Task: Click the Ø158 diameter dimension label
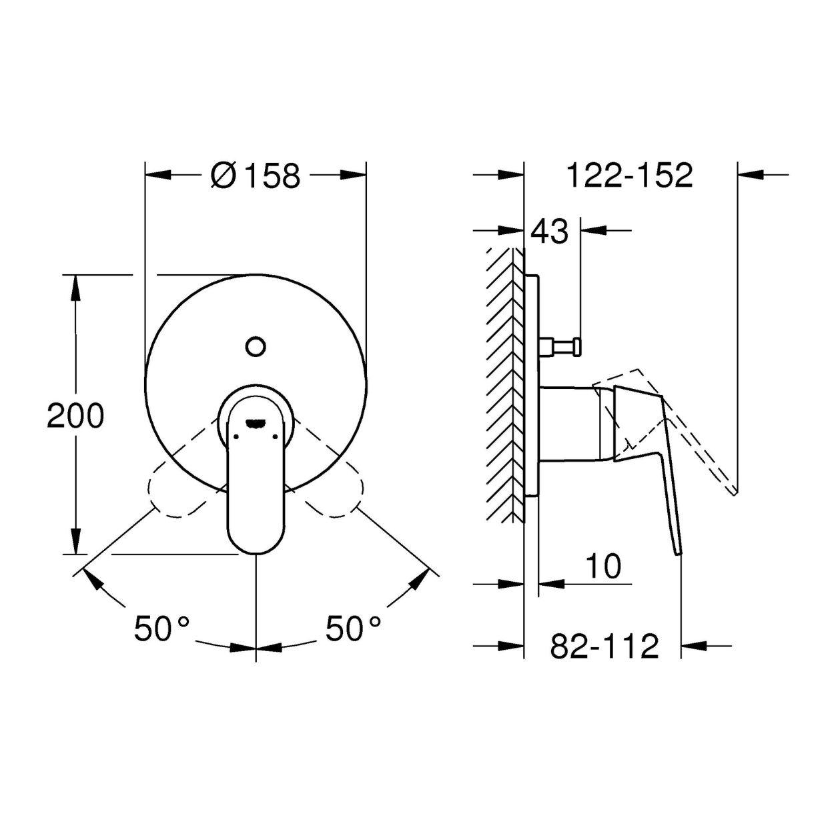tap(256, 175)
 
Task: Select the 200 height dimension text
tap(75, 416)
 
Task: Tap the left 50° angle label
tap(161, 628)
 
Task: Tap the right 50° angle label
tap(353, 628)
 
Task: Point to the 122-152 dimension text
tap(630, 175)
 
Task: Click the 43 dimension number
tap(549, 231)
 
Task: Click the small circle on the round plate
tap(256, 347)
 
